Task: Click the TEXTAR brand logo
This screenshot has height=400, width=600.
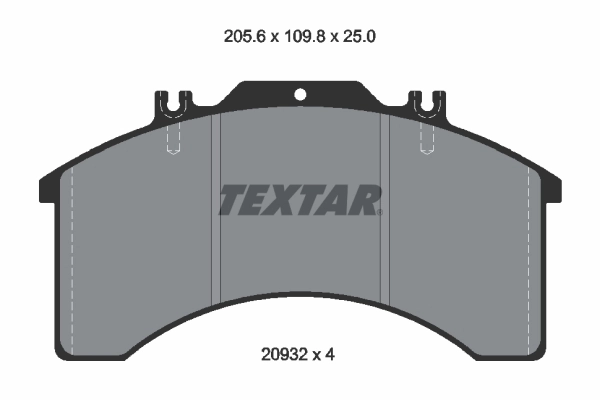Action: (x=300, y=200)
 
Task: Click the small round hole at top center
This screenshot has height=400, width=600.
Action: (x=300, y=96)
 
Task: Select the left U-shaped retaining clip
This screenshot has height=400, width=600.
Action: (x=173, y=103)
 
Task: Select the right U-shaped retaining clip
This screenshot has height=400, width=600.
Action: (x=427, y=103)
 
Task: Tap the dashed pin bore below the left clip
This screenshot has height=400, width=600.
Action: (x=173, y=136)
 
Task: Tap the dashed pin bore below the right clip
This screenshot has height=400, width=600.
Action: (x=427, y=136)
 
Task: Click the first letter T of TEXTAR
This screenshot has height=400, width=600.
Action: (x=232, y=200)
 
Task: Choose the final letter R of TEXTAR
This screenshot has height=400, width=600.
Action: (x=368, y=200)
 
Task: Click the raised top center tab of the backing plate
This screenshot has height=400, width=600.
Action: (x=300, y=90)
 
